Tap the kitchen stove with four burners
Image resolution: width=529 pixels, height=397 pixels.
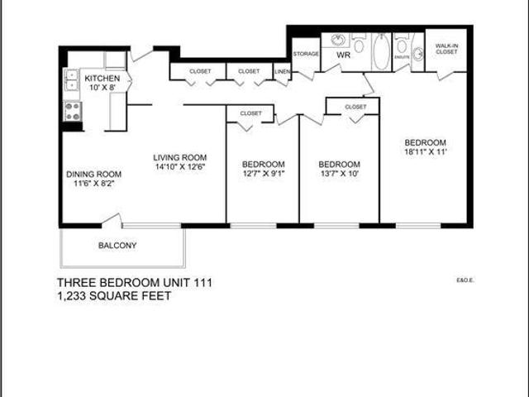tap(71, 111)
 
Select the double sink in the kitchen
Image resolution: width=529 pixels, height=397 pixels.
tap(71, 80)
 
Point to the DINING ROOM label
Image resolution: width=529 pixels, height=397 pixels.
tap(94, 175)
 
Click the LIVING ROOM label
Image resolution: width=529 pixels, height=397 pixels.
tap(179, 158)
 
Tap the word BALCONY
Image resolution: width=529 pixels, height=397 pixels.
tap(117, 246)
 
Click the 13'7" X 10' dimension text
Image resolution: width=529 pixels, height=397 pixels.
tap(339, 174)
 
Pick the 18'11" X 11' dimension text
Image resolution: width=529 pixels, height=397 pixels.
tap(426, 152)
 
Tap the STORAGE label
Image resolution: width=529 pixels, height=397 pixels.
tap(306, 54)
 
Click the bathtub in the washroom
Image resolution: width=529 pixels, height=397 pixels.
tap(381, 52)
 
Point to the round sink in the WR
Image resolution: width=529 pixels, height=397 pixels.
tap(337, 39)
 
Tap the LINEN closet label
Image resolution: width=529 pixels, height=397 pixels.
tap(283, 72)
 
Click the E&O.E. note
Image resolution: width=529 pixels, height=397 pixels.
tap(463, 280)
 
